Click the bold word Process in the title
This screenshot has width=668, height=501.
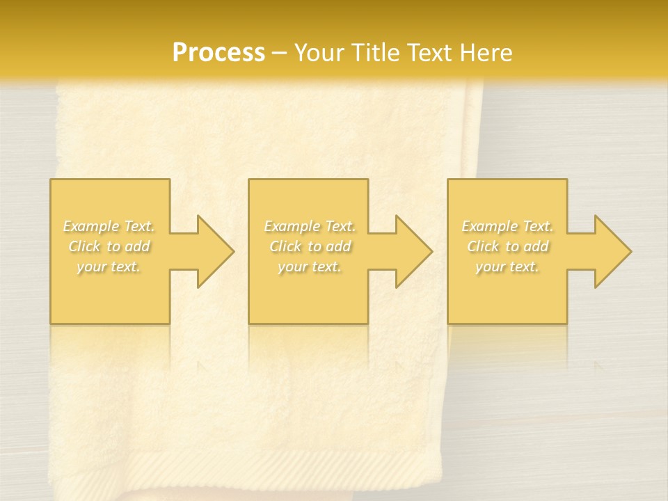pyautogui.click(x=218, y=52)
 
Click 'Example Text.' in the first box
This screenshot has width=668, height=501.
pyautogui.click(x=109, y=226)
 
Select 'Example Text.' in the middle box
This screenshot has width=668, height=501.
pyautogui.click(x=310, y=226)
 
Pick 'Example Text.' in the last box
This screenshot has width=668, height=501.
pyautogui.click(x=507, y=226)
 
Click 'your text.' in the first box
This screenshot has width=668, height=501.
pyautogui.click(x=109, y=267)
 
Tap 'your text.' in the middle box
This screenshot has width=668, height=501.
pyautogui.click(x=310, y=267)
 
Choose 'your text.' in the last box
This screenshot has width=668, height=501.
pyautogui.click(x=507, y=267)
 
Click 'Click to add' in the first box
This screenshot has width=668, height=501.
pyautogui.click(x=109, y=246)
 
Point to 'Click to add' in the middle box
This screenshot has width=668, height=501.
pyautogui.click(x=310, y=246)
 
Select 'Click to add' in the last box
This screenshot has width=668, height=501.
pyautogui.click(x=507, y=246)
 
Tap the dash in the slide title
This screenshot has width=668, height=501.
pyautogui.click(x=279, y=53)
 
